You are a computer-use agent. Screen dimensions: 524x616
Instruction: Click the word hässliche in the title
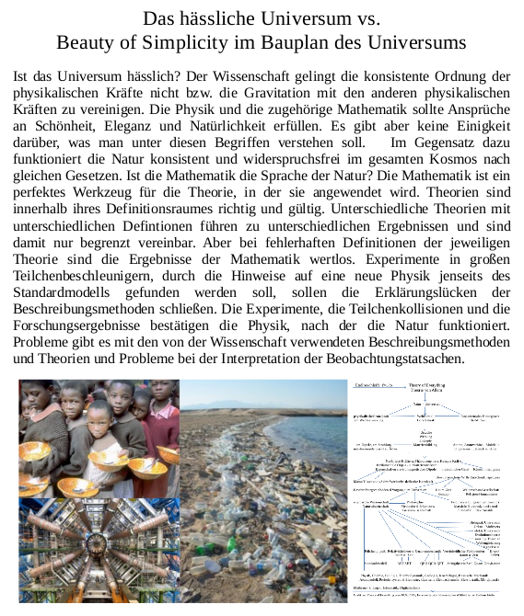pos(213,17)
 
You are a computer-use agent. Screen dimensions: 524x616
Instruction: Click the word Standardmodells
pos(72,291)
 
